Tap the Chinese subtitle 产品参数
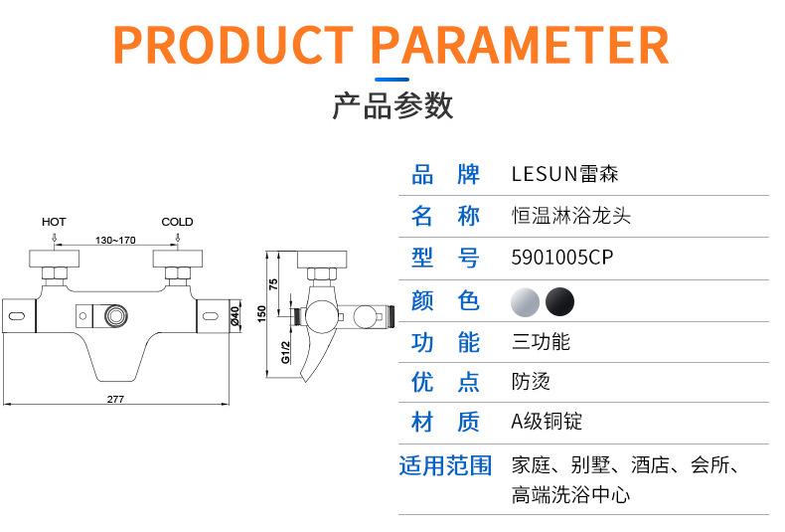[392, 105]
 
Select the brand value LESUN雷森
[564, 175]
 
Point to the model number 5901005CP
[561, 259]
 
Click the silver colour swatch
[526, 300]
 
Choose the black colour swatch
[559, 300]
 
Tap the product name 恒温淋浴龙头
[570, 216]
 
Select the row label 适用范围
[445, 465]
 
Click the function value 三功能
[541, 342]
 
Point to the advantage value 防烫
[531, 382]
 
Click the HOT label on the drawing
[54, 222]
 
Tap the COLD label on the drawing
[177, 222]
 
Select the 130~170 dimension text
[115, 241]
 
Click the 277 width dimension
[115, 398]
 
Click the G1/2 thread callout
[285, 352]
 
